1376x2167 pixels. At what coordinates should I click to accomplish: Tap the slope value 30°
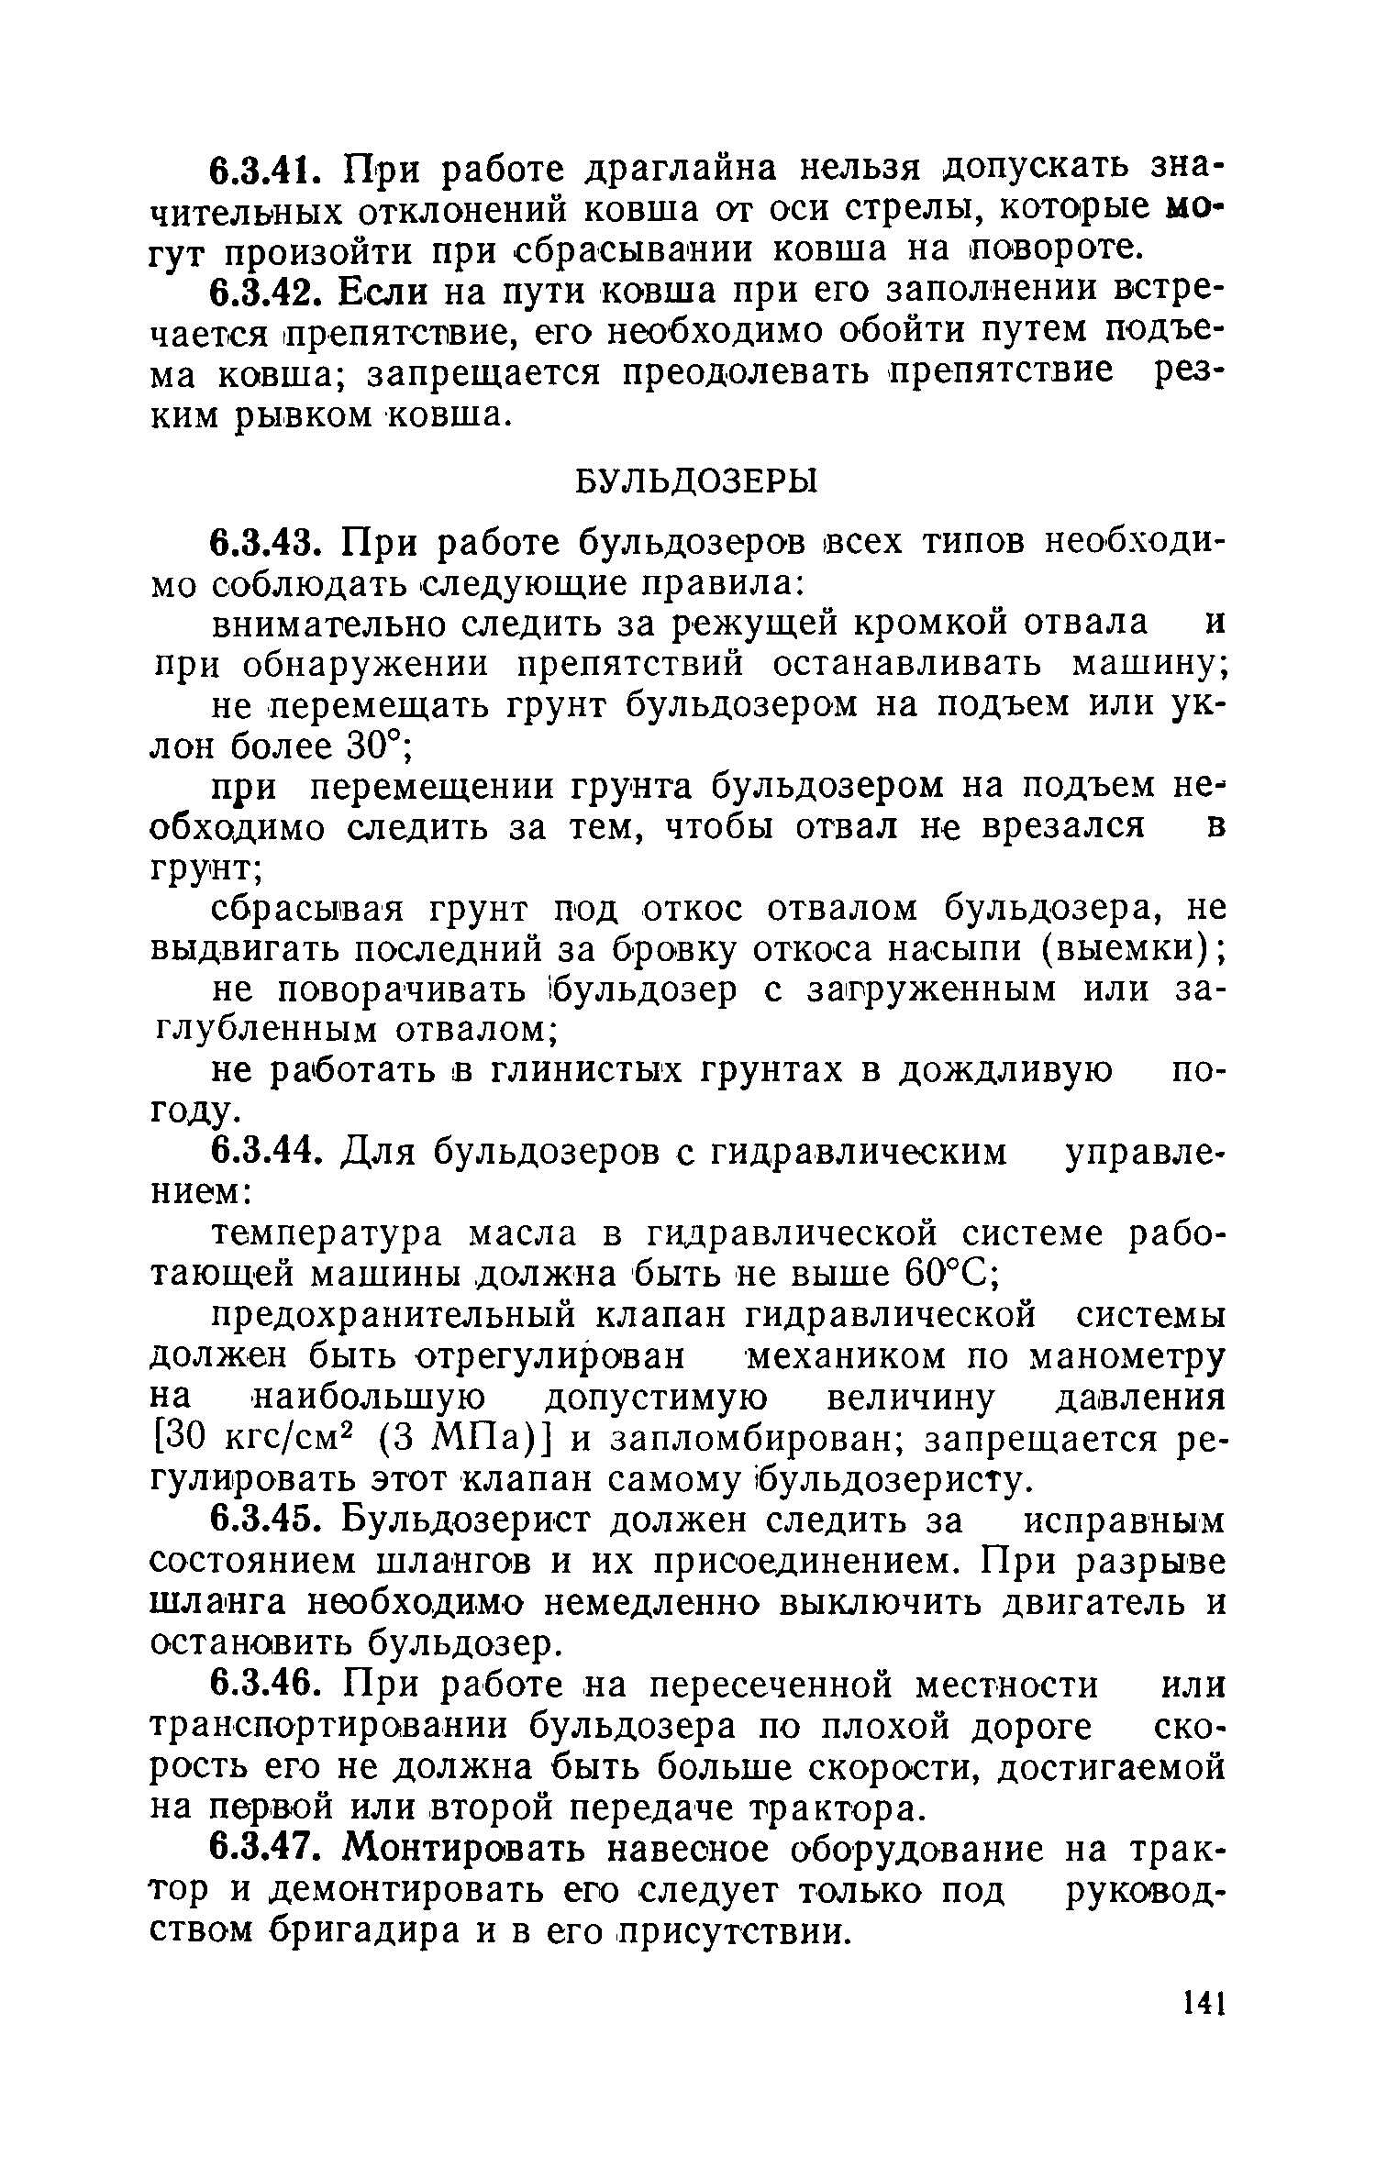tap(376, 748)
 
